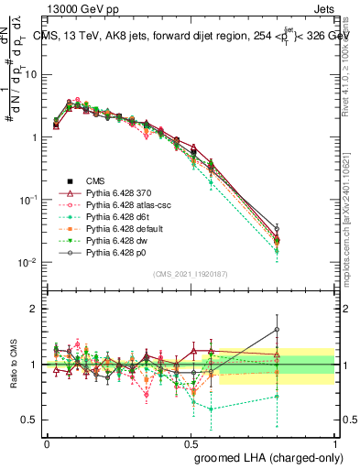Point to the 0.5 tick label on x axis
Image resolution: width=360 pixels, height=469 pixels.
(x=191, y=442)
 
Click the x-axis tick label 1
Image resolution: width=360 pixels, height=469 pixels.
(x=334, y=442)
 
